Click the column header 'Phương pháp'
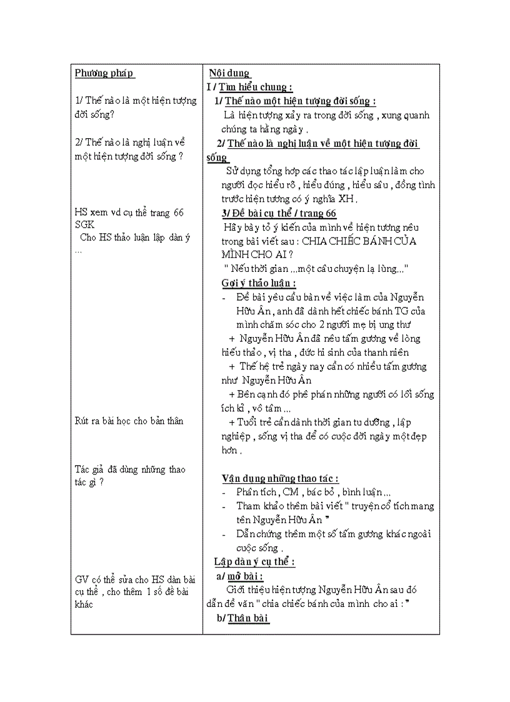pos(104,73)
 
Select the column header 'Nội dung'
pos(229,73)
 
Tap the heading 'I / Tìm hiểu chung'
pos(250,87)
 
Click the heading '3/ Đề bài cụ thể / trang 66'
pos(279,213)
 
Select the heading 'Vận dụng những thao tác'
pos(280,478)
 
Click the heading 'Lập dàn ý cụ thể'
pos(254,561)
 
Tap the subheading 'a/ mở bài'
pos(239,576)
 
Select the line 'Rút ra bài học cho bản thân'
pos(129,421)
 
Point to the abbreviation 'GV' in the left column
pos(82,579)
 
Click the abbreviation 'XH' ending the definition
pos(346,199)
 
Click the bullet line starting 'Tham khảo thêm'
pos(334,506)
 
